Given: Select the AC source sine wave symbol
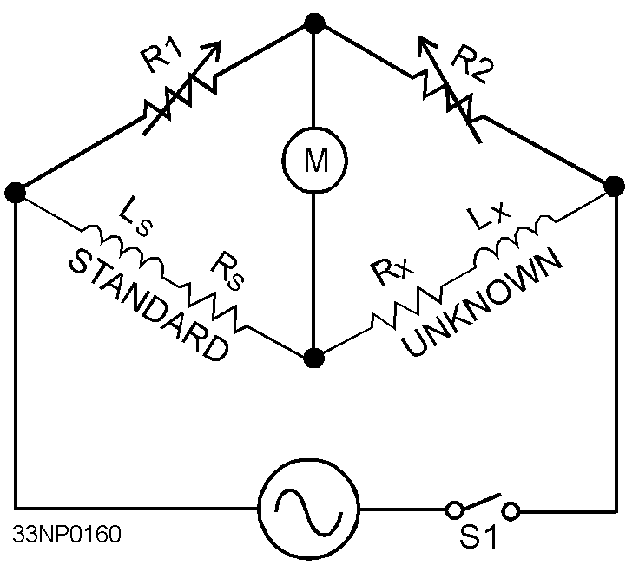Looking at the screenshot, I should tap(309, 509).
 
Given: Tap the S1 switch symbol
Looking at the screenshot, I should tap(483, 507).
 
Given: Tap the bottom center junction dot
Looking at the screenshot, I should tap(314, 357).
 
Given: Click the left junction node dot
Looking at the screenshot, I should tap(15, 193).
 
